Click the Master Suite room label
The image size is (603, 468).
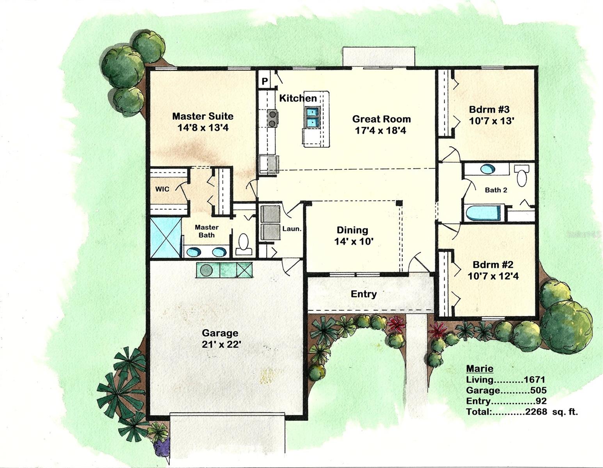tap(203, 116)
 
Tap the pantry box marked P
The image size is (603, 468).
tap(265, 82)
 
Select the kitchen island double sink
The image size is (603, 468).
tap(312, 117)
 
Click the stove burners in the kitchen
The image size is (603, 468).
tap(272, 119)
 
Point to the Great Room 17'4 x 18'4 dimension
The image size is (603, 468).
tap(380, 131)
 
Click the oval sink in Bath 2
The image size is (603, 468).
tap(487, 169)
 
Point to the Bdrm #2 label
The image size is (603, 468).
tap(493, 265)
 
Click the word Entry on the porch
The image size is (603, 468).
tap(363, 294)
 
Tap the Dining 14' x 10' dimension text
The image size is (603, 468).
tap(354, 242)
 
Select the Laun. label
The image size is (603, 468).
tap(292, 229)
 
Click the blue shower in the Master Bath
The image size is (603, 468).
tap(166, 238)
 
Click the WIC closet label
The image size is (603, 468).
tap(162, 189)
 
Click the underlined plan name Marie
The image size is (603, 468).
tap(480, 369)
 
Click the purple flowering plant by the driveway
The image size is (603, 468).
tap(162, 447)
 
